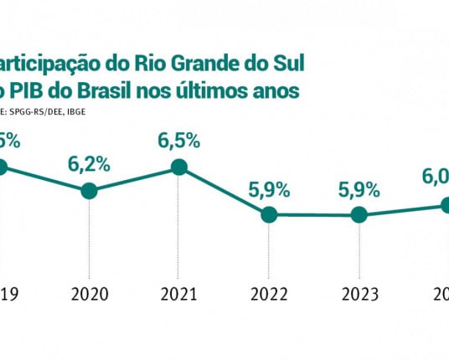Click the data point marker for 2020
[90, 191]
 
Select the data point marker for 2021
[178, 167]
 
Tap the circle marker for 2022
[269, 214]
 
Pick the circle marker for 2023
[359, 214]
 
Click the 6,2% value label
[90, 164]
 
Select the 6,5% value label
[178, 140]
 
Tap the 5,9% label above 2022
[269, 188]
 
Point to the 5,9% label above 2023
[359, 188]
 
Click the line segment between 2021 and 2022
[224, 191]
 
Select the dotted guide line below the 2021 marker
[178, 226]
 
